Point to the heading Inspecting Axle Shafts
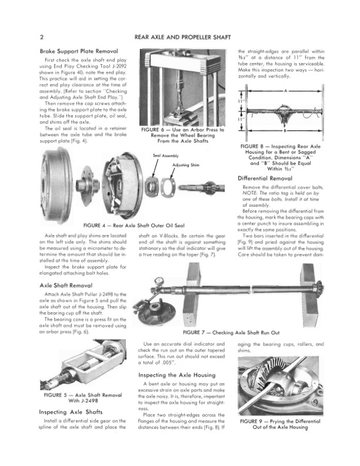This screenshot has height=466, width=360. tap(71, 412)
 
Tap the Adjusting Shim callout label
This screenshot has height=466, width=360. tap(184, 164)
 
